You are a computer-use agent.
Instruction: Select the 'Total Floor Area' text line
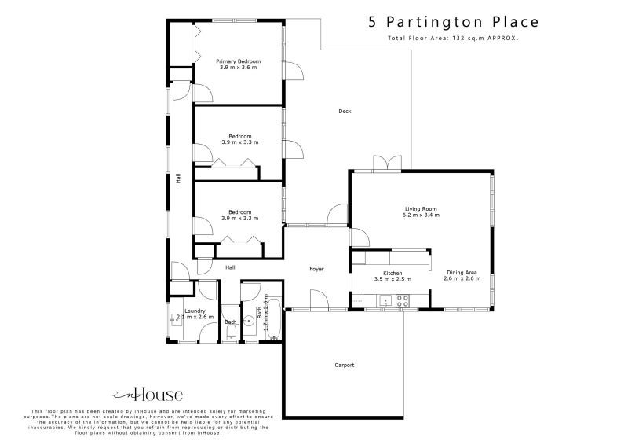[453, 38]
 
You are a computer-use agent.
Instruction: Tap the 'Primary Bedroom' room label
[239, 61]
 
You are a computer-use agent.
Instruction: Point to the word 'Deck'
[345, 111]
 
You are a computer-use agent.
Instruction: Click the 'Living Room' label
[421, 208]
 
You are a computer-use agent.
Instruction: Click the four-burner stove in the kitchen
[403, 300]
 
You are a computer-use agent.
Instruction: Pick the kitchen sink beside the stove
[385, 300]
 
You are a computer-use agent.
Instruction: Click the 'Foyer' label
[316, 269]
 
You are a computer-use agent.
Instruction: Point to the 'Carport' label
[345, 365]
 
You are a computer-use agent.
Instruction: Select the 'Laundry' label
[195, 311]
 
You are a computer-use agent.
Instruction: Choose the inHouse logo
[148, 395]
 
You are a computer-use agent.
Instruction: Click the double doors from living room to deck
[384, 164]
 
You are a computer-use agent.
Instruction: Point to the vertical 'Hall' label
[179, 178]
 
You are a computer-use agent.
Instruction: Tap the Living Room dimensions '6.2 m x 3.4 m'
[421, 215]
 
